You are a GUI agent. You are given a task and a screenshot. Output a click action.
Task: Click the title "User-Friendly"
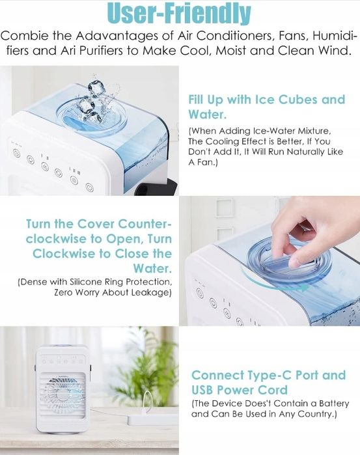[x=179, y=13]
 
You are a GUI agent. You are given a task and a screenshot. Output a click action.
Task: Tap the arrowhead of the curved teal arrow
[x=304, y=288]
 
